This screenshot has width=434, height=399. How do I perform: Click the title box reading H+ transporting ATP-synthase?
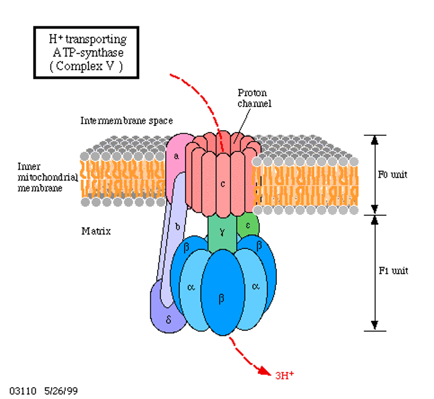click(86, 53)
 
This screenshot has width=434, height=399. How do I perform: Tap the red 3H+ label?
click(284, 375)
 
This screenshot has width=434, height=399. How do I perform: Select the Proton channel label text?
click(254, 98)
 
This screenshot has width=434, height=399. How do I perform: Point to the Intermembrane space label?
click(126, 120)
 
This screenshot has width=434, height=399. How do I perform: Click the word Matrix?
click(96, 231)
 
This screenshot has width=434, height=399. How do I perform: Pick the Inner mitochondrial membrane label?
click(47, 177)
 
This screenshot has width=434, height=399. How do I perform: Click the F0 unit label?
click(392, 175)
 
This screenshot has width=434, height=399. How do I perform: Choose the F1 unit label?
click(393, 271)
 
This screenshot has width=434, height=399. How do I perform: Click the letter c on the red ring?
click(223, 184)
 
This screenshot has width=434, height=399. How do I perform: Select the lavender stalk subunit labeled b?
click(177, 227)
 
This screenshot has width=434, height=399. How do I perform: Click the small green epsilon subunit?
click(248, 225)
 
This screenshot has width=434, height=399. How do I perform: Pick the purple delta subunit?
click(168, 320)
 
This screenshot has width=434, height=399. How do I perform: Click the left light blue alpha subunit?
click(191, 288)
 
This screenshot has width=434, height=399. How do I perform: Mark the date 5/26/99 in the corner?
click(61, 391)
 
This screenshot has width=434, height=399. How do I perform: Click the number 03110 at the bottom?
click(23, 391)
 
